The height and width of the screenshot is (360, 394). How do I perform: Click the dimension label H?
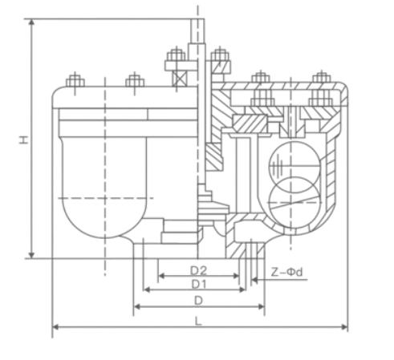click(24, 140)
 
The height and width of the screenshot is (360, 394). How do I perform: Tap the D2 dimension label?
click(198, 271)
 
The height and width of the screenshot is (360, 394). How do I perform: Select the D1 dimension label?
click(199, 285)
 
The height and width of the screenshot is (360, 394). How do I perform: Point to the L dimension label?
click(198, 321)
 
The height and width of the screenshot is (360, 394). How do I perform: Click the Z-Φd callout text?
click(286, 273)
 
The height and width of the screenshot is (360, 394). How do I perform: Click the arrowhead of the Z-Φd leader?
click(254, 280)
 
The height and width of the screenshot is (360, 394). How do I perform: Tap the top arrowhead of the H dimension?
click(31, 22)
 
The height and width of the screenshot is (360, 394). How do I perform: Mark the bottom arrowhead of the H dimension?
click(31, 256)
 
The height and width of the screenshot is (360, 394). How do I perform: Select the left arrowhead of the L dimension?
click(55, 327)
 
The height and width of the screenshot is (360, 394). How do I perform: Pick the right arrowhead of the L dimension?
click(345, 327)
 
